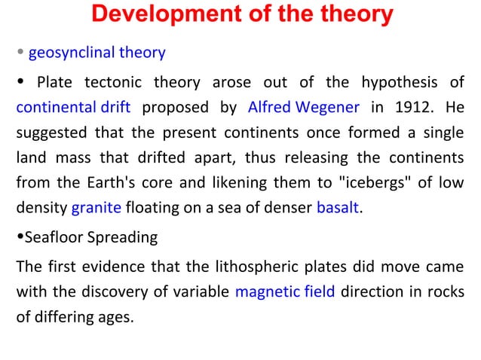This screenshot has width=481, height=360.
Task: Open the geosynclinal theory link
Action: click(x=97, y=53)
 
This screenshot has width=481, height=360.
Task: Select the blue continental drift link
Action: click(x=74, y=106)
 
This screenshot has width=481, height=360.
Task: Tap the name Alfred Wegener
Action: click(x=304, y=106)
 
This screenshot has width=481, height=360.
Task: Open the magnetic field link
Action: click(x=285, y=291)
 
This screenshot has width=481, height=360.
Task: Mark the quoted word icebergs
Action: click(x=375, y=184)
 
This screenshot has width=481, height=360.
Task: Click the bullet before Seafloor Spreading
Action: click(x=20, y=238)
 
